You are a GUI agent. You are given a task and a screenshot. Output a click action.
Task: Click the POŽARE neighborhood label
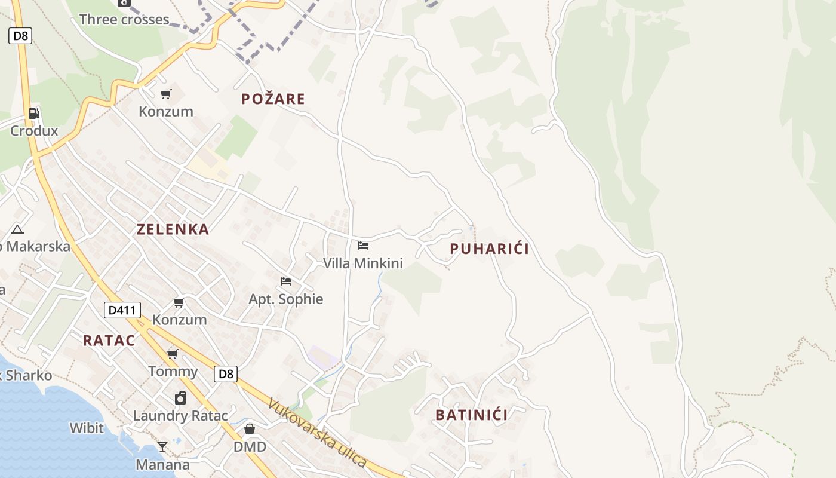coord(273,99)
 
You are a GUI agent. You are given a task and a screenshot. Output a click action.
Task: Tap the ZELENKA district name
coord(173,229)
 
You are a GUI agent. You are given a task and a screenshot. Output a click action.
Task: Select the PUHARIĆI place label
coord(489,249)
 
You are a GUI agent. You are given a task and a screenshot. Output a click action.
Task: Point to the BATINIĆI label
coord(471,415)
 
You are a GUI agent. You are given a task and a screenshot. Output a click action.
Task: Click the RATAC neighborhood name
coord(109,341)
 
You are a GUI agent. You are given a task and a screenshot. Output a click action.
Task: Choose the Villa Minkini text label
coord(363,263)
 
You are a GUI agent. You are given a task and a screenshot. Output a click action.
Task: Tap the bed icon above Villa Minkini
coord(363,245)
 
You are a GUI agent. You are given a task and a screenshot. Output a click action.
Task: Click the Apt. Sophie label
coord(286,299)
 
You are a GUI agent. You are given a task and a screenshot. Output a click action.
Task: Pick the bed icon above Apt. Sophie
coord(286,281)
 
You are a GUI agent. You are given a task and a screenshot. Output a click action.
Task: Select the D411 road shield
coord(122,310)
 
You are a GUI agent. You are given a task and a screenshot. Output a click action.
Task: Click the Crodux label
coord(34,131)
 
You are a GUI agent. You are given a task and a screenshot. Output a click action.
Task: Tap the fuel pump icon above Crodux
coord(34,113)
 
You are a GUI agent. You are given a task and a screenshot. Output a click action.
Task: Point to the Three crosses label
coord(124,20)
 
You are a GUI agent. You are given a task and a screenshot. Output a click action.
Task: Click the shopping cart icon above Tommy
coord(173,354)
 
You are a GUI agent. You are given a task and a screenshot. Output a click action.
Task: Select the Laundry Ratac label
coord(180,416)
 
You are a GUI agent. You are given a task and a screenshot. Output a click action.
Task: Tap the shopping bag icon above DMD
coord(250,429)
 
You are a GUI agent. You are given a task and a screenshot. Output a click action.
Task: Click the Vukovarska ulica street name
coord(316,431)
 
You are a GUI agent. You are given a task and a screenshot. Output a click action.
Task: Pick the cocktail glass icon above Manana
coord(162,446)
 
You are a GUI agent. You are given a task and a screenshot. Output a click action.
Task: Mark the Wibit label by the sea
coord(87,428)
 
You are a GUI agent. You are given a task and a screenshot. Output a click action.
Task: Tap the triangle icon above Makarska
coord(17,229)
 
